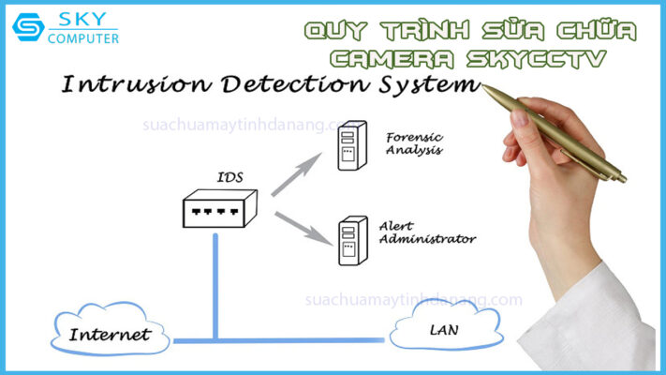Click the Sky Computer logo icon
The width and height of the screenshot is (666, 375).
[x=28, y=27]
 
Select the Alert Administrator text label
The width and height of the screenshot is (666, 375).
[x=426, y=232]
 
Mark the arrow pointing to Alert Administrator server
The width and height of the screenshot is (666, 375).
[x=302, y=228]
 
